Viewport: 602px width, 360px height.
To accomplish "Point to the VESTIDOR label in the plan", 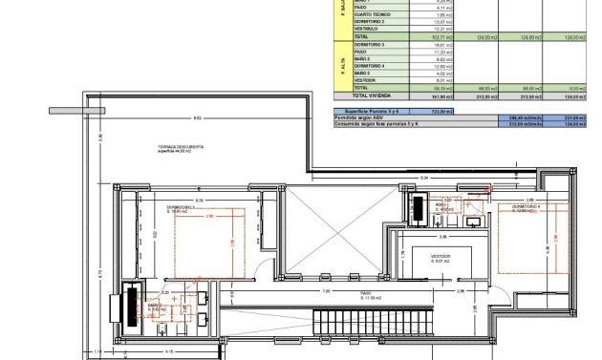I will coord(441,257).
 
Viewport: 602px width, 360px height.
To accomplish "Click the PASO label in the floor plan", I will coord(365,294).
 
